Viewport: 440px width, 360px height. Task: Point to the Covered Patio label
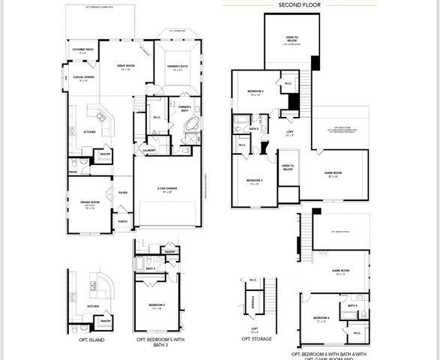pyautogui.click(x=83, y=50)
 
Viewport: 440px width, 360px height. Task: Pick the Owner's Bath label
pyautogui.click(x=184, y=109)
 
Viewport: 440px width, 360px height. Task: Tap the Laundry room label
pyautogui.click(x=148, y=150)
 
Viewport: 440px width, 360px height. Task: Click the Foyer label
pyautogui.click(x=122, y=193)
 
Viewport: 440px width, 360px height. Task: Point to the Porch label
pyautogui.click(x=122, y=222)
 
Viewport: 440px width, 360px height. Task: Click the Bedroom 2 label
pyautogui.click(x=255, y=92)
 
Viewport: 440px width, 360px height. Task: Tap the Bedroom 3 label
pyautogui.click(x=253, y=181)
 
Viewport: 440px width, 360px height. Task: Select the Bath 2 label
pyautogui.click(x=253, y=129)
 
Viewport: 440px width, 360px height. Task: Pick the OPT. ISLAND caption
pyautogui.click(x=91, y=340)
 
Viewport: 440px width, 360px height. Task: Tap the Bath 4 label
pyautogui.click(x=352, y=305)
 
